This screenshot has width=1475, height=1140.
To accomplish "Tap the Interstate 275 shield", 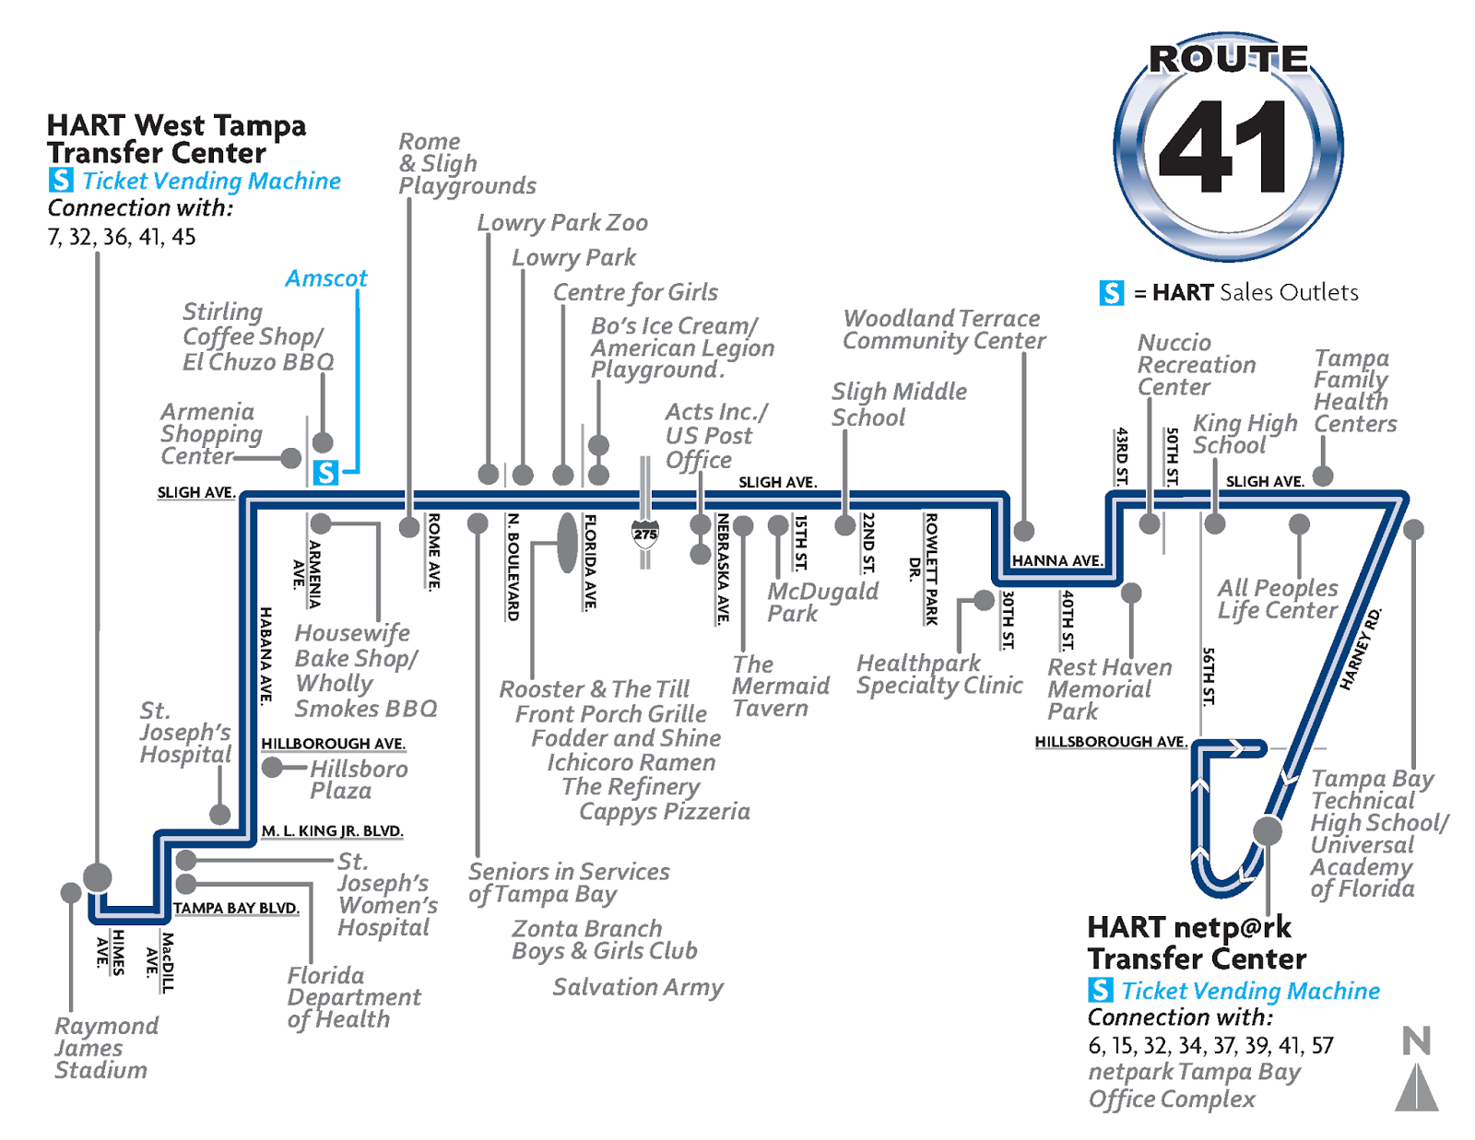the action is click(645, 533).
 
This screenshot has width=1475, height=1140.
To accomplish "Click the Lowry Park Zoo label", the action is click(562, 223).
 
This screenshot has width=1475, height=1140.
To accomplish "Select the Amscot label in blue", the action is click(326, 278).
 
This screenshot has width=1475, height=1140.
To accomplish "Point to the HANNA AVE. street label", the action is click(1056, 560).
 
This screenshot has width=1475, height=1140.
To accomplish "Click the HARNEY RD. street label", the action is click(1361, 649).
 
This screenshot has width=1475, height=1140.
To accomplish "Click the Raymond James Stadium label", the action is click(105, 1048).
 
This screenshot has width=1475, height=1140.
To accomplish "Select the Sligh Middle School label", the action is click(899, 405).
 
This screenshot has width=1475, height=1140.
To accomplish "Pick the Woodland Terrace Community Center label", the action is click(944, 330).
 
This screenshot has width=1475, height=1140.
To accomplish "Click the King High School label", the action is click(1245, 434).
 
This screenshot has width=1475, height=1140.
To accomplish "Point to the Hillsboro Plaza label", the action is click(358, 780).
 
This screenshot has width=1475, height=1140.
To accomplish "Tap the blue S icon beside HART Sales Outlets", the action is click(1112, 293).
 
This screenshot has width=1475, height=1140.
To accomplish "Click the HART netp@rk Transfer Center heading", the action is click(1197, 943).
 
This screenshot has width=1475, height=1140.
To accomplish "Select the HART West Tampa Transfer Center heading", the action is click(176, 139).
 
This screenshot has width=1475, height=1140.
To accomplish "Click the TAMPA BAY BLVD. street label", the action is click(236, 908).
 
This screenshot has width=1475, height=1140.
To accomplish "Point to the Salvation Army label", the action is click(638, 987).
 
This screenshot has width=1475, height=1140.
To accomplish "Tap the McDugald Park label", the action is click(822, 603).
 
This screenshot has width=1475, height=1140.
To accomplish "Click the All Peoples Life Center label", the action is click(1278, 599).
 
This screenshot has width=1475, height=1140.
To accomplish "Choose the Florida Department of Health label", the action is click(353, 997).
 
